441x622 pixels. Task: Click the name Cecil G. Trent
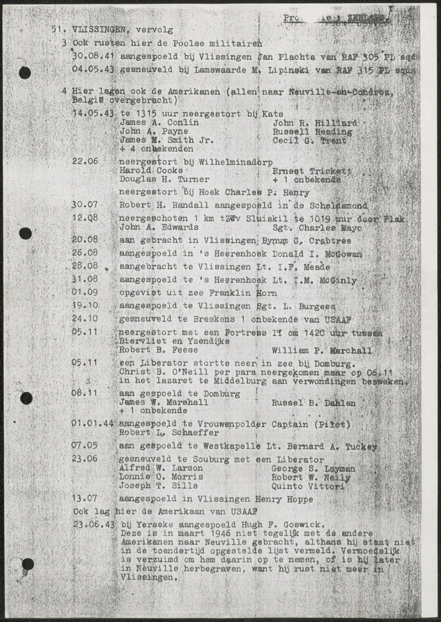(307, 141)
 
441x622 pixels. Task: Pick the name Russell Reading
(312, 132)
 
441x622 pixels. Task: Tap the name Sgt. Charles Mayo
(315, 228)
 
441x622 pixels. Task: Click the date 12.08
(86, 218)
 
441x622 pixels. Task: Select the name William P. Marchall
(322, 350)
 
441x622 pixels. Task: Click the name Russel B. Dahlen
(314, 402)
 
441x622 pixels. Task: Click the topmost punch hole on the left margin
(25, 73)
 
